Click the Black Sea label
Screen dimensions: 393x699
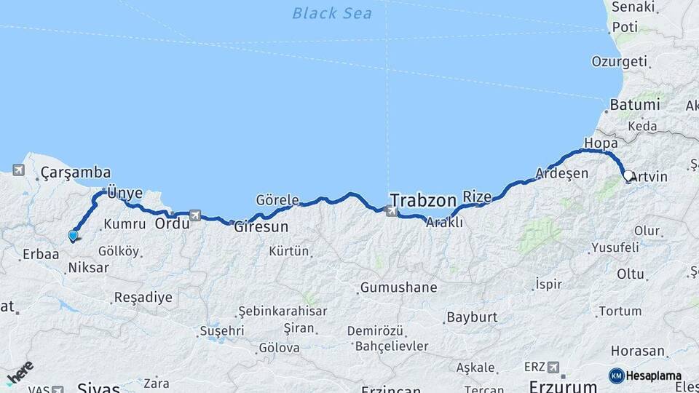pos(331,13)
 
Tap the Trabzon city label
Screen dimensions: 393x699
pos(423,199)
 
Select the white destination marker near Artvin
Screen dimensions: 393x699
pos(628,175)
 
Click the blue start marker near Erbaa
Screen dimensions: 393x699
pos(73,235)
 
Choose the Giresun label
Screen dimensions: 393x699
pos(261,226)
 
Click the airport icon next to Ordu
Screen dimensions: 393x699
pos(194,215)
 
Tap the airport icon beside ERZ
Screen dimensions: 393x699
pos(553,367)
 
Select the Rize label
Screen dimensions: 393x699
pos(478,196)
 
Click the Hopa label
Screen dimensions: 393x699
pos(601,143)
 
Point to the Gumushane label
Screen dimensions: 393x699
pos(399,287)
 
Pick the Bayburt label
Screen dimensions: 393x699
pos(471,317)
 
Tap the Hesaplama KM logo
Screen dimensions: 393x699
pos(645,376)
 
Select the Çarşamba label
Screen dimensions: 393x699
pos(76,172)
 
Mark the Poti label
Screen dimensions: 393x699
pos(625,27)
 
